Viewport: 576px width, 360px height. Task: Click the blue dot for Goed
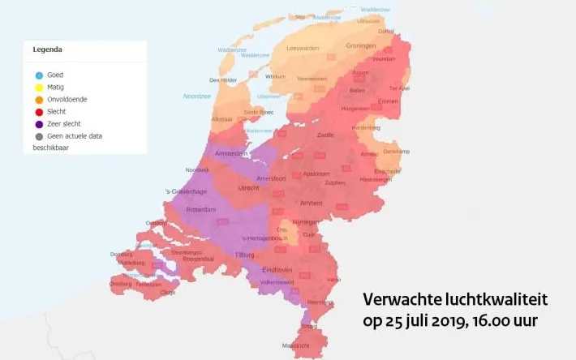point(39,75)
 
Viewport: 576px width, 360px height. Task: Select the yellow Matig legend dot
point(39,88)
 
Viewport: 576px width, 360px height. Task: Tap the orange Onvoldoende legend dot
point(39,100)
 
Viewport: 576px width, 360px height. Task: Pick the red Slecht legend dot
point(39,112)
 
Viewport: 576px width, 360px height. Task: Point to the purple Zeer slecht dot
point(39,124)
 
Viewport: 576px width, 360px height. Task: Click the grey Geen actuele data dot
point(39,136)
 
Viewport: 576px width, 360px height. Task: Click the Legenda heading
point(48,49)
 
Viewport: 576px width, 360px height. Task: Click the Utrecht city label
point(248,188)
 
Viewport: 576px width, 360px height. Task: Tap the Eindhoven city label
point(278,269)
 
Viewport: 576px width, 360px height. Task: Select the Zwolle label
point(325,135)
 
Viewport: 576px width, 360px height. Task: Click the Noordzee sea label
point(196,96)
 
